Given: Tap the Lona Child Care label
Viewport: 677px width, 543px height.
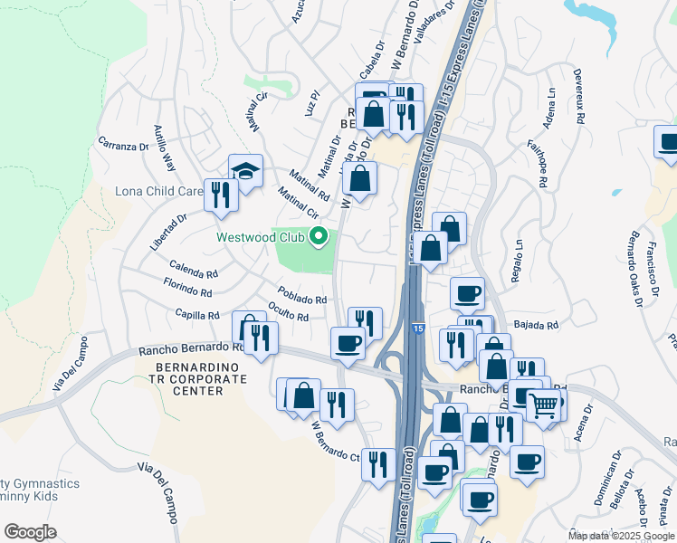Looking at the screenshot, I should tap(158, 192).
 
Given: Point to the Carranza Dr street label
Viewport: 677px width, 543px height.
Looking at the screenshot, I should tap(122, 145).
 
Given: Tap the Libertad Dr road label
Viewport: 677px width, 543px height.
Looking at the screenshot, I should tap(168, 232).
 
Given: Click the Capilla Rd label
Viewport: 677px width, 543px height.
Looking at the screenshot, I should tap(198, 316).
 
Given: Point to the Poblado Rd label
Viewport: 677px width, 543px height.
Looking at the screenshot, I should tap(302, 296).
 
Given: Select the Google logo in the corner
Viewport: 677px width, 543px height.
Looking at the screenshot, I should tap(30, 532).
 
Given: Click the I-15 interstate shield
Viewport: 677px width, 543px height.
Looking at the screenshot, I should tap(415, 330).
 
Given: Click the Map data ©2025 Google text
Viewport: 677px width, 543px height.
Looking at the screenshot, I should tap(620, 536).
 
